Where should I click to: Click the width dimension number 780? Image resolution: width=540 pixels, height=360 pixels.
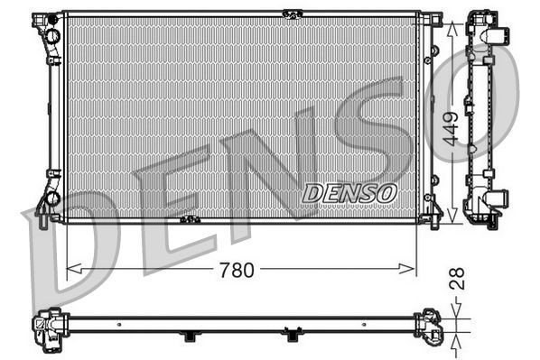[237, 269]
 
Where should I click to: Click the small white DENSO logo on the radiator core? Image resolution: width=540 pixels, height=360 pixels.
[349, 191]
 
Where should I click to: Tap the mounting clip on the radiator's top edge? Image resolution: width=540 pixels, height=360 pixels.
[291, 13]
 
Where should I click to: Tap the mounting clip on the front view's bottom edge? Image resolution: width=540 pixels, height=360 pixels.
[189, 220]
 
